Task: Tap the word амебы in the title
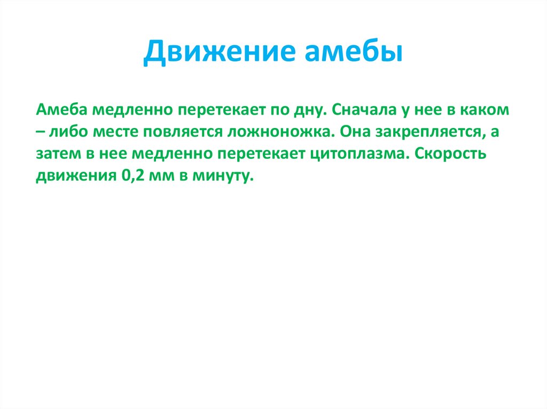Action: pyautogui.click(x=354, y=53)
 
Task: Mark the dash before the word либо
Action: pyautogui.click(x=42, y=132)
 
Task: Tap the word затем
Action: pyautogui.click(x=57, y=154)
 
